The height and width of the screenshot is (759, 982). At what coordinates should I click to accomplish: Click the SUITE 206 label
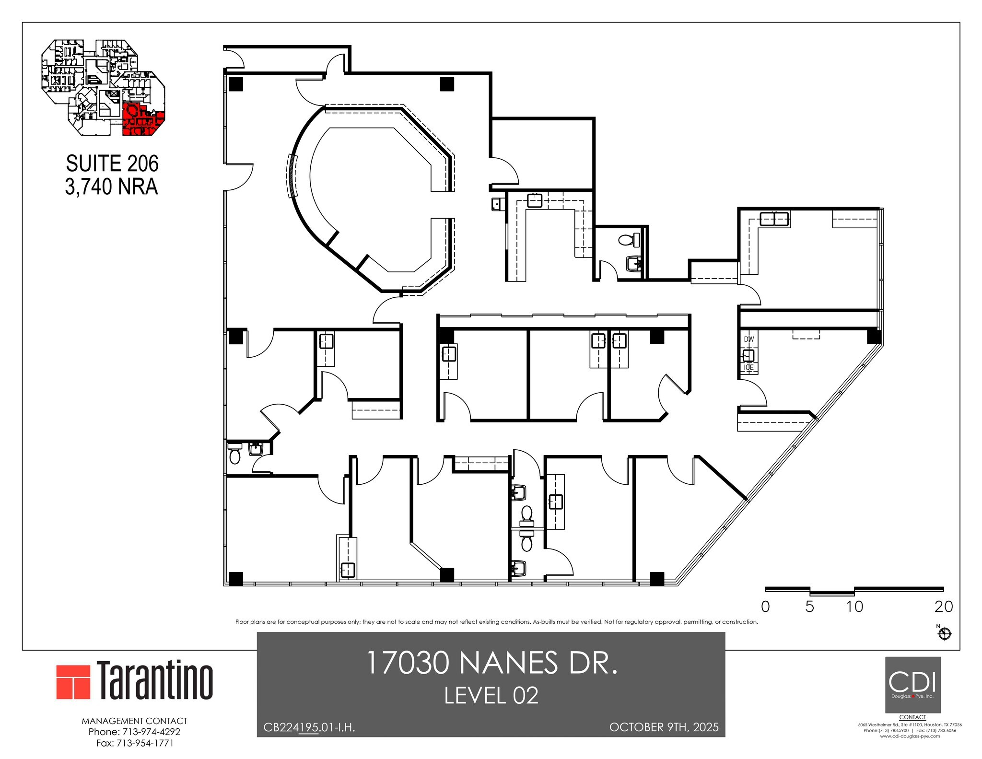point(112,164)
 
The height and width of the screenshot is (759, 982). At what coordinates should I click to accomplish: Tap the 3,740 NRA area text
point(111,187)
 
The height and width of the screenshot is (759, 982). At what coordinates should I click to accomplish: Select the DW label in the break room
point(748,339)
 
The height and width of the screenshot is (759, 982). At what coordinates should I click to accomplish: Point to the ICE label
point(748,367)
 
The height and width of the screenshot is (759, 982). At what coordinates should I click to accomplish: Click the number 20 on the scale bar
point(943,607)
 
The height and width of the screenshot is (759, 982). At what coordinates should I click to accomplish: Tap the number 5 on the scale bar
point(809,607)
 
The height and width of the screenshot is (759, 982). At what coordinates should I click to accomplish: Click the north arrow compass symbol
point(944,634)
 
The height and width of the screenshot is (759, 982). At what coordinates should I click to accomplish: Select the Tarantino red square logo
point(73,682)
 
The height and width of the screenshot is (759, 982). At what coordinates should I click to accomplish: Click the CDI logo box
point(912,684)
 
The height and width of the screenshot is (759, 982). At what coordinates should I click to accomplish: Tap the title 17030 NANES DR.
point(491,663)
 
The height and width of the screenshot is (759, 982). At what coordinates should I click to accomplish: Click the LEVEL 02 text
point(491,696)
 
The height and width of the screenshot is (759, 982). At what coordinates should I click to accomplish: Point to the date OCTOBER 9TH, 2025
point(664,727)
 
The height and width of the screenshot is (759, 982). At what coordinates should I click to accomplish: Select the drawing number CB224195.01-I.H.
point(309,727)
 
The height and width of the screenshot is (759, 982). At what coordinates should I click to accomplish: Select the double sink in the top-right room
point(774,219)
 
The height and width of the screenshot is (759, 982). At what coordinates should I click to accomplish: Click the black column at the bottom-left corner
point(236,579)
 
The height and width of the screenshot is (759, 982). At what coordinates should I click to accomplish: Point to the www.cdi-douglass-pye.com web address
point(910,749)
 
